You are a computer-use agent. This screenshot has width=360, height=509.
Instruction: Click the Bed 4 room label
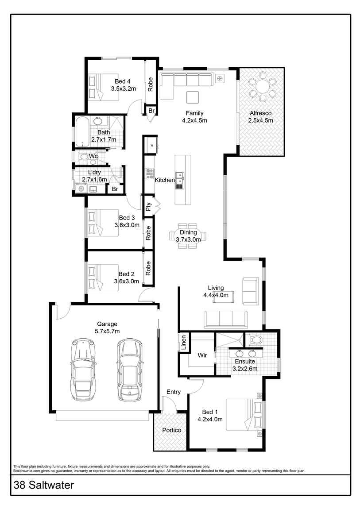click(x=123, y=81)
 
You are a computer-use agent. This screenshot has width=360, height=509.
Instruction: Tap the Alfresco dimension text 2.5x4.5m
click(x=260, y=120)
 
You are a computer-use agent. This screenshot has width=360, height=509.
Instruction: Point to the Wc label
click(x=93, y=156)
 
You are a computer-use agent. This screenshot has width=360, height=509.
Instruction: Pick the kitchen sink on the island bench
click(x=179, y=178)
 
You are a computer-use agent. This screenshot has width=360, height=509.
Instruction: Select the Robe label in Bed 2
click(x=148, y=266)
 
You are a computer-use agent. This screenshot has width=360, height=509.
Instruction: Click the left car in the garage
click(x=84, y=370)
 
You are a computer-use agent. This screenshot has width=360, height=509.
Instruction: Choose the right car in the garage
click(x=129, y=370)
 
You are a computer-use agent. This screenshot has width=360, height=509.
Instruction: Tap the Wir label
click(x=202, y=355)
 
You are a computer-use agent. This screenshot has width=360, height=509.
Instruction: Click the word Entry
click(x=174, y=392)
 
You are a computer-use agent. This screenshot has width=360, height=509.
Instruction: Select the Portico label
click(x=171, y=430)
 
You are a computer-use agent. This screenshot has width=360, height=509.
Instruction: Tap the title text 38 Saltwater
click(x=44, y=485)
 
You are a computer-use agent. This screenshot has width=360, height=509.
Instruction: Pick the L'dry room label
click(x=94, y=172)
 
